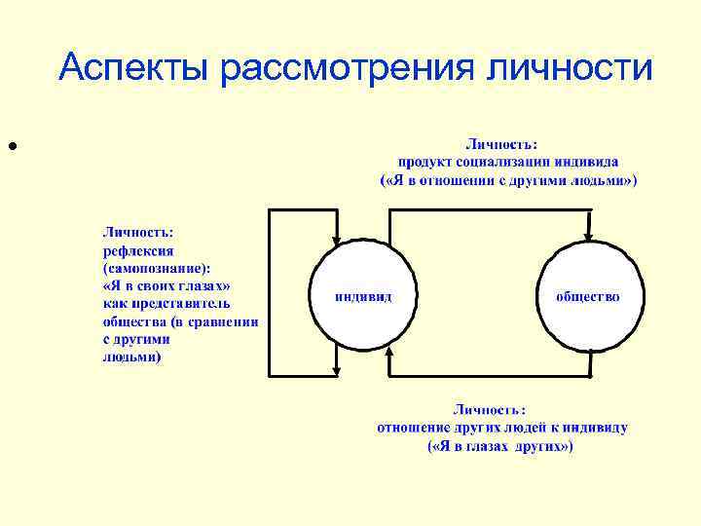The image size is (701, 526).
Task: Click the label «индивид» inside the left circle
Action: pyautogui.click(x=363, y=296)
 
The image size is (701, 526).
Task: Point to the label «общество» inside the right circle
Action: pyautogui.click(x=587, y=296)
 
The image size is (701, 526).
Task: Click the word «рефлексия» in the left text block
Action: pyautogui.click(x=138, y=249)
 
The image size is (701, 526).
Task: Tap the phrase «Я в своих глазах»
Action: pyautogui.click(x=166, y=286)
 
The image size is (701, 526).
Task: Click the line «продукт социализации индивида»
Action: pyautogui.click(x=507, y=162)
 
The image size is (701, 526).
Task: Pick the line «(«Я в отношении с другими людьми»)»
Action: pyautogui.click(x=507, y=180)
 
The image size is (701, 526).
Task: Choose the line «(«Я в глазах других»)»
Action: pyautogui.click(x=501, y=446)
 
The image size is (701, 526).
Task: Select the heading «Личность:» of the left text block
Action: pyautogui.click(x=138, y=232)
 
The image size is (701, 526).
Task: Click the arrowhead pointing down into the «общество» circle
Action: pyautogui.click(x=587, y=237)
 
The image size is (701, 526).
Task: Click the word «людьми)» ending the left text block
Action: pyautogui.click(x=132, y=357)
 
